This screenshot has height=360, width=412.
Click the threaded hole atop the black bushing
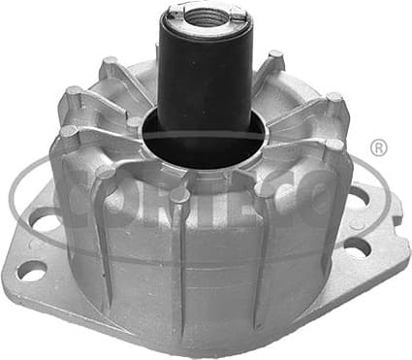tap(206, 16)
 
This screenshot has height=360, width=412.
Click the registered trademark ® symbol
tap(379, 147)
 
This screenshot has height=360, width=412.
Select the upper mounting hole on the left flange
tap(43, 222)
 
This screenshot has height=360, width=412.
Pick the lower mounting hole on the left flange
tap(31, 272)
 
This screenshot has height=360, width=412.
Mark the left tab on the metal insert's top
tap(174, 15)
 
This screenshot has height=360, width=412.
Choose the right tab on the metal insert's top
tap(238, 13)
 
